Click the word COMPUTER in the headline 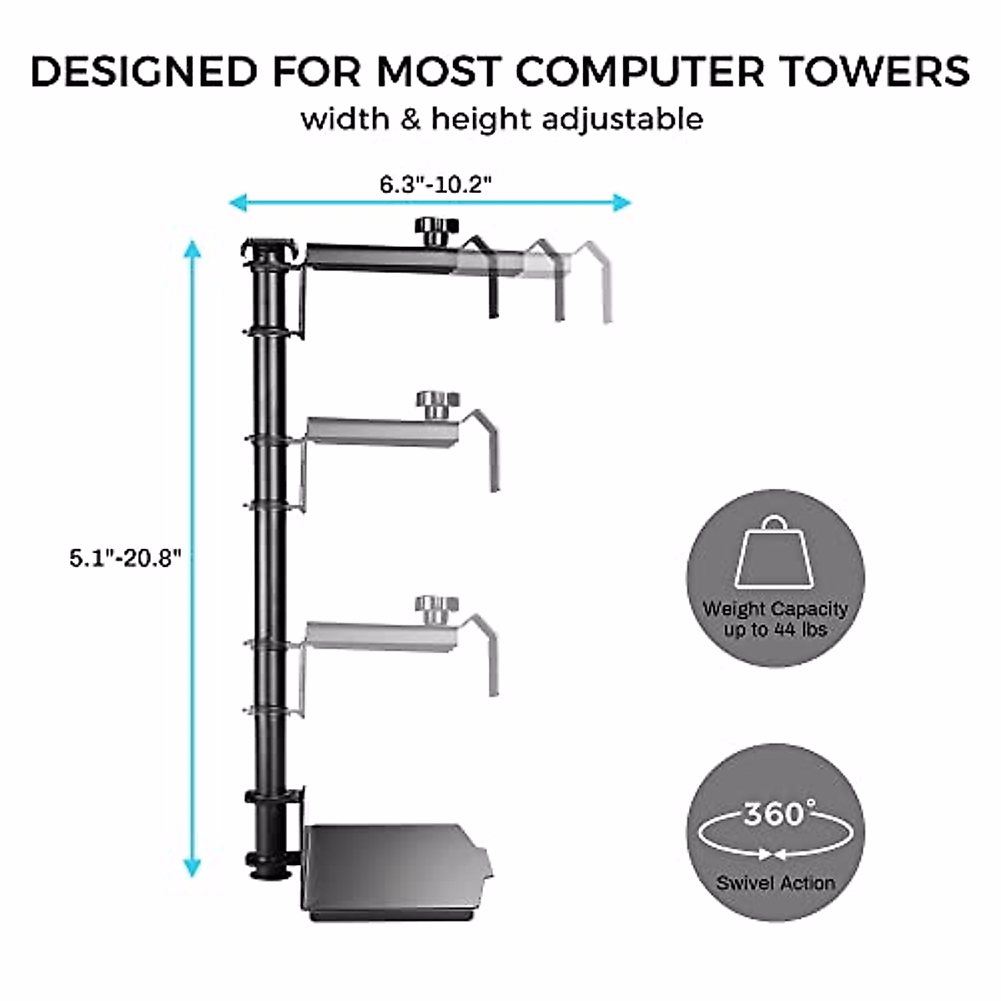(640, 72)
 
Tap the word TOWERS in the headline (874, 72)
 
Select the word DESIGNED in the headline (143, 72)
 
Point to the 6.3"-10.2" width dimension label (430, 184)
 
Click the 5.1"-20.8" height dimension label (125, 558)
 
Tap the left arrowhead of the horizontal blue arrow (238, 202)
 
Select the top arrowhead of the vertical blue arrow (193, 249)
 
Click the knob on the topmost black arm (435, 229)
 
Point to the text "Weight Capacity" (775, 609)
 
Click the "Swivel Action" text (775, 883)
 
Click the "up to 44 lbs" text (775, 629)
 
